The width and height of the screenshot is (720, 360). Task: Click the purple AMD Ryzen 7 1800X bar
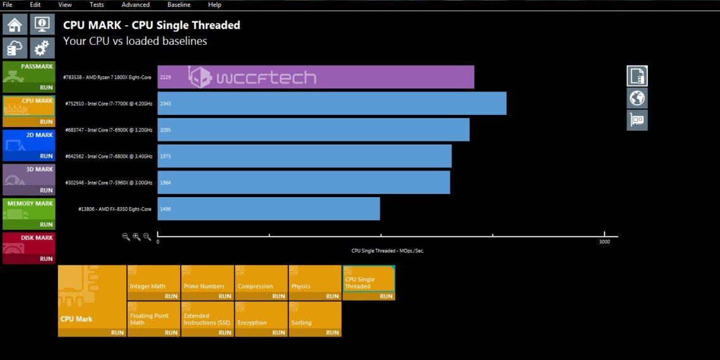click(316, 77)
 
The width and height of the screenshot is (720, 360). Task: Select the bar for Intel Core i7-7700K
click(332, 104)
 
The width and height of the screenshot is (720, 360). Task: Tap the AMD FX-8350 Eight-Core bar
click(268, 209)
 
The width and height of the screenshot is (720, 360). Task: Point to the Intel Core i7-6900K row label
click(109, 130)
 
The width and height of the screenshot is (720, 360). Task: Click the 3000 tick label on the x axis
click(604, 242)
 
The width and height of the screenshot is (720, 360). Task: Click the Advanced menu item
click(135, 4)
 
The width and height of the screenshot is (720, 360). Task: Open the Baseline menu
click(179, 4)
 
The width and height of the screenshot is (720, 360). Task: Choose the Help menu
click(215, 4)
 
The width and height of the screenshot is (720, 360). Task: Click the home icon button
click(15, 25)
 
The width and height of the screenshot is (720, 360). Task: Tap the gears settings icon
click(42, 48)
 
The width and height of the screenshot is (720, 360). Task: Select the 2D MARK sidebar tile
click(29, 145)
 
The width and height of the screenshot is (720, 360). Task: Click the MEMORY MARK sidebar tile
click(29, 213)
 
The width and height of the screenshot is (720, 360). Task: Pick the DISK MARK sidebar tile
click(29, 248)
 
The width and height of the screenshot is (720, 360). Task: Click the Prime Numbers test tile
click(207, 282)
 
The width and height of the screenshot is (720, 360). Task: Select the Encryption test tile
click(261, 319)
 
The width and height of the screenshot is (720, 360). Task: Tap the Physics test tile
click(315, 282)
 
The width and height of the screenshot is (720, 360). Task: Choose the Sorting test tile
click(315, 319)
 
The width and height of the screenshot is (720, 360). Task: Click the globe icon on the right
click(637, 99)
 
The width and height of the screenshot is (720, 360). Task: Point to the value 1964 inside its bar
click(165, 183)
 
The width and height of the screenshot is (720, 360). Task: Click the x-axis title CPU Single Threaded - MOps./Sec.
click(388, 251)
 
